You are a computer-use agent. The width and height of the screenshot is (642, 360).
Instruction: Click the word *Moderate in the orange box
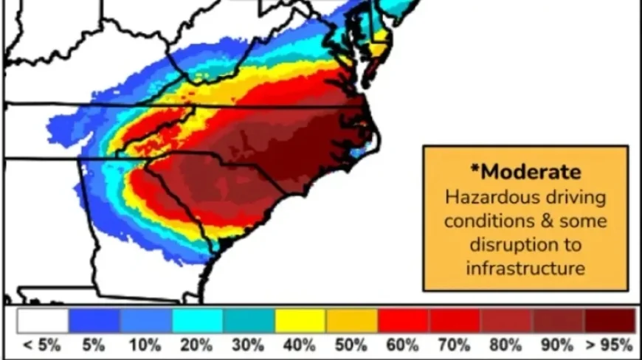click(x=525, y=172)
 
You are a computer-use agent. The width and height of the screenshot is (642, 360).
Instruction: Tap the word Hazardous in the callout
click(x=483, y=198)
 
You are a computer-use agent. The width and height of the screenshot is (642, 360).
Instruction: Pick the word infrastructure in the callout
click(x=525, y=267)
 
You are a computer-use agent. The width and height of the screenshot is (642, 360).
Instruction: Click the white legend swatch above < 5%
click(x=43, y=320)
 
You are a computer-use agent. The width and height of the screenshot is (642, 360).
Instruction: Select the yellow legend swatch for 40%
click(x=300, y=320)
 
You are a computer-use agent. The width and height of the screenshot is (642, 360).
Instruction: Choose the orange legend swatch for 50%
click(x=352, y=320)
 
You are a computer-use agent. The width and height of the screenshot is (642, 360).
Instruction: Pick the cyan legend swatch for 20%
click(x=197, y=320)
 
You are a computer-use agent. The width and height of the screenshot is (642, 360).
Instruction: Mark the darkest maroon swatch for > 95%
click(x=610, y=320)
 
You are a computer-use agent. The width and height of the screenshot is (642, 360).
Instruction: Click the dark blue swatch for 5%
click(x=94, y=320)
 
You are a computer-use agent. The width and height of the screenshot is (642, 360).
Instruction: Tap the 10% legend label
click(x=145, y=345)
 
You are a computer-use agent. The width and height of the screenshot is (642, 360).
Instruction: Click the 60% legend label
click(x=404, y=345)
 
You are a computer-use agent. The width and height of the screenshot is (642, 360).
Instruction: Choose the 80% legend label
click(x=506, y=345)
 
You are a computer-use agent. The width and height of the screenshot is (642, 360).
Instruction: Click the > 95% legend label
click(x=609, y=345)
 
